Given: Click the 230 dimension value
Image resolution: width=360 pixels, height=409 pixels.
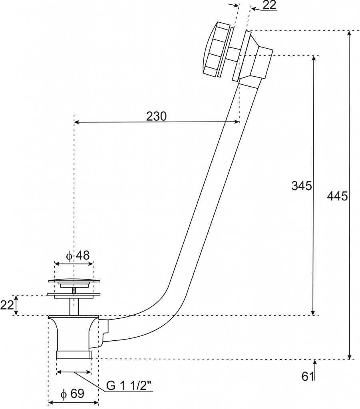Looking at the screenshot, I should pyautogui.click(x=156, y=116).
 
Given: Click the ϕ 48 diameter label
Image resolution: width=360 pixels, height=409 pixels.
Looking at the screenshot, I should pyautogui.click(x=78, y=255).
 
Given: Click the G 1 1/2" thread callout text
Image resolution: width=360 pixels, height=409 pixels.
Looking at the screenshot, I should pyautogui.click(x=130, y=386).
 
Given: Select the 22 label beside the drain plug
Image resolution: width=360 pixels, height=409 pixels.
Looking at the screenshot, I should pyautogui.click(x=7, y=305).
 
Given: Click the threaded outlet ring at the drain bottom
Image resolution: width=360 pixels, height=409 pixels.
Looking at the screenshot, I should pyautogui.click(x=74, y=355).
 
